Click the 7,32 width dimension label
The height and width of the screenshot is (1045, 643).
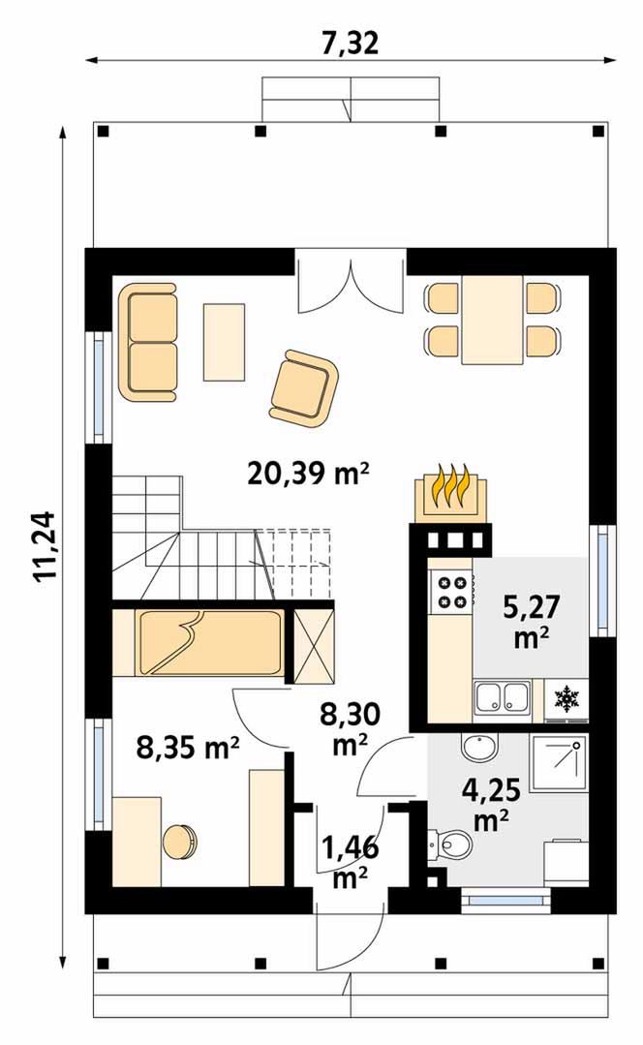point(350,43)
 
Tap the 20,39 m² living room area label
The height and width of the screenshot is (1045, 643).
point(309,474)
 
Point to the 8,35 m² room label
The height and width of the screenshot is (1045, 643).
point(188,747)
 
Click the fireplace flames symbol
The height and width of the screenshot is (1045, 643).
point(451,486)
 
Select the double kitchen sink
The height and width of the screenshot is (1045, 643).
point(504,697)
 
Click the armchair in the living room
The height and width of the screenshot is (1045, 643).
point(304,387)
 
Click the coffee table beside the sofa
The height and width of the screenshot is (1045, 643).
point(224,342)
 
